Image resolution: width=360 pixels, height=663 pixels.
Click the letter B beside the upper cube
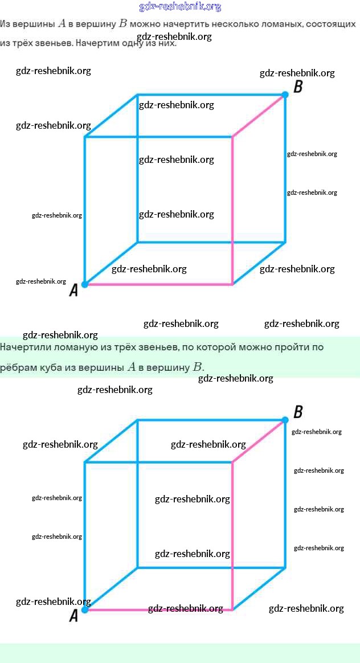click(297, 87)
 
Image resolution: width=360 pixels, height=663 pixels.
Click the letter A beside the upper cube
click(73, 291)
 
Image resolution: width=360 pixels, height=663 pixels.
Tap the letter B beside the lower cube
click(297, 412)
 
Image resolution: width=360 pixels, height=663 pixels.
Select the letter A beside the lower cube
click(73, 616)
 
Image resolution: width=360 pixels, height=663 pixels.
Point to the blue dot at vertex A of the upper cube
click(85, 284)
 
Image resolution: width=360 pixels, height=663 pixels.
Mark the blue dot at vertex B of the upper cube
click(285, 95)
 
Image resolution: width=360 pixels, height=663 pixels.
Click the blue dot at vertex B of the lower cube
click(285, 420)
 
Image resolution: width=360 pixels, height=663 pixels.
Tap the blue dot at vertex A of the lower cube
click(85, 609)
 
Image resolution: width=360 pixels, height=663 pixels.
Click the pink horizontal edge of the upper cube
click(159, 284)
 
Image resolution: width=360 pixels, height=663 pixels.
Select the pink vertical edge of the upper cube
click(232, 211)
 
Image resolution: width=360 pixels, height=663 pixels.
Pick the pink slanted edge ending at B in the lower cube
click(259, 440)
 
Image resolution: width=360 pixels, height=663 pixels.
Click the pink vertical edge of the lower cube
click(232, 535)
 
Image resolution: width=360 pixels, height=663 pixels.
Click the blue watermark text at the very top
click(180, 7)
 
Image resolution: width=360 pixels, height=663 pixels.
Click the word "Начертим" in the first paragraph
click(95, 43)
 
